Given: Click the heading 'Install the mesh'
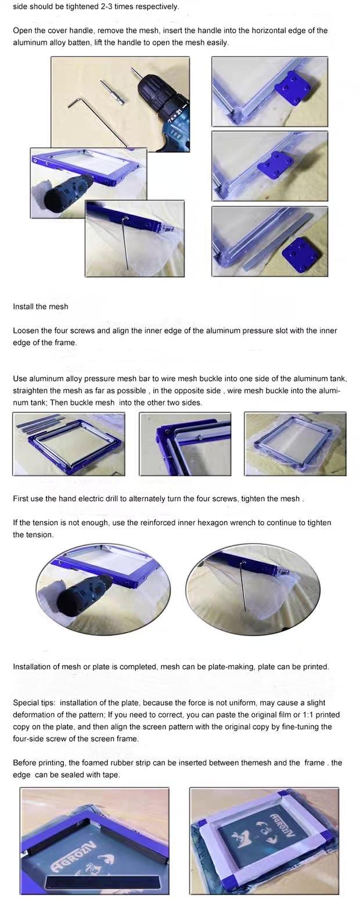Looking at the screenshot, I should click(41, 307).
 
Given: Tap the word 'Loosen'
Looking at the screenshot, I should click(27, 331).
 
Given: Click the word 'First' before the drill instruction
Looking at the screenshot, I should click(21, 498).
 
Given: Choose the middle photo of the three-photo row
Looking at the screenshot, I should click(185, 444).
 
